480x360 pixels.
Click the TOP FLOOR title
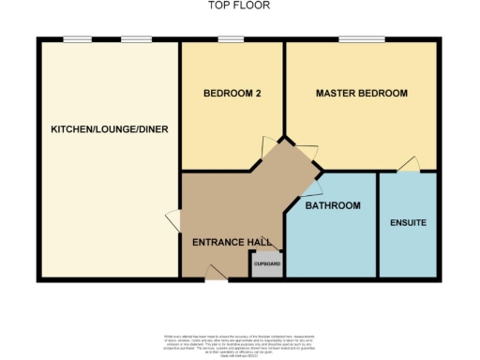[239, 7]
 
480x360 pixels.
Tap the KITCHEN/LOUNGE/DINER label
[110, 128]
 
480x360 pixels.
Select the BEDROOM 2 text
[231, 94]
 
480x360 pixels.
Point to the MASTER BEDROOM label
[361, 94]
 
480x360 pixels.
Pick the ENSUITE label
[408, 223]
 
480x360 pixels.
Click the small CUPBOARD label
[267, 264]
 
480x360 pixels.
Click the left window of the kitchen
[78, 39]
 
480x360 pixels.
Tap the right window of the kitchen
[137, 39]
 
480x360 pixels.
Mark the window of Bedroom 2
[231, 39]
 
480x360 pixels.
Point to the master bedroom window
[361, 39]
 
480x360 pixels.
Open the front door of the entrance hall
[216, 273]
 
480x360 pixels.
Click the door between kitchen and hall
[173, 221]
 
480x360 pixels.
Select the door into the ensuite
[408, 165]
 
